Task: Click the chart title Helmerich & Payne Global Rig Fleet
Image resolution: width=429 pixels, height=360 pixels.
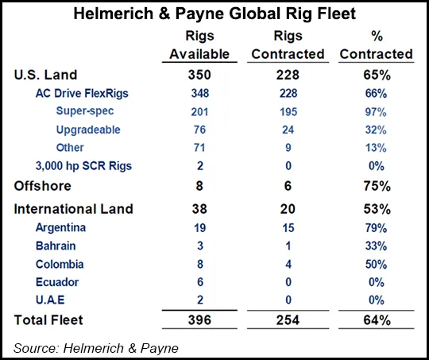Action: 214,14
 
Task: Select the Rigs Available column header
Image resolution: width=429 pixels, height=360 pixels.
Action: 199,45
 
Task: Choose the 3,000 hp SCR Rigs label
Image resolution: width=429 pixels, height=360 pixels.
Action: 84,167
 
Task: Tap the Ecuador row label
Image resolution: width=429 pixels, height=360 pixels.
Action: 55,283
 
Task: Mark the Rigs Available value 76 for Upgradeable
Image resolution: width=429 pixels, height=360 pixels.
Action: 199,130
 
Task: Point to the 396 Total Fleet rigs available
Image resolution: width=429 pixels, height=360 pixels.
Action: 199,320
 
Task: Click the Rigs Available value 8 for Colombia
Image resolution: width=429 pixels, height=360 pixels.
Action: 199,265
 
